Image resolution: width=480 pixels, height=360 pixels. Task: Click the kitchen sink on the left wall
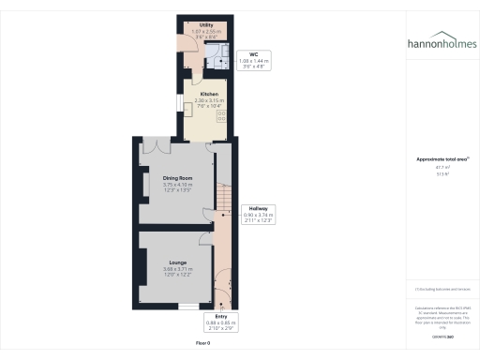[x=187, y=107]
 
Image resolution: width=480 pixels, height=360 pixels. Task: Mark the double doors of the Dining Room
[x=154, y=144]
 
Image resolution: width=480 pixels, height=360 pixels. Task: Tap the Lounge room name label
[x=178, y=262]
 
